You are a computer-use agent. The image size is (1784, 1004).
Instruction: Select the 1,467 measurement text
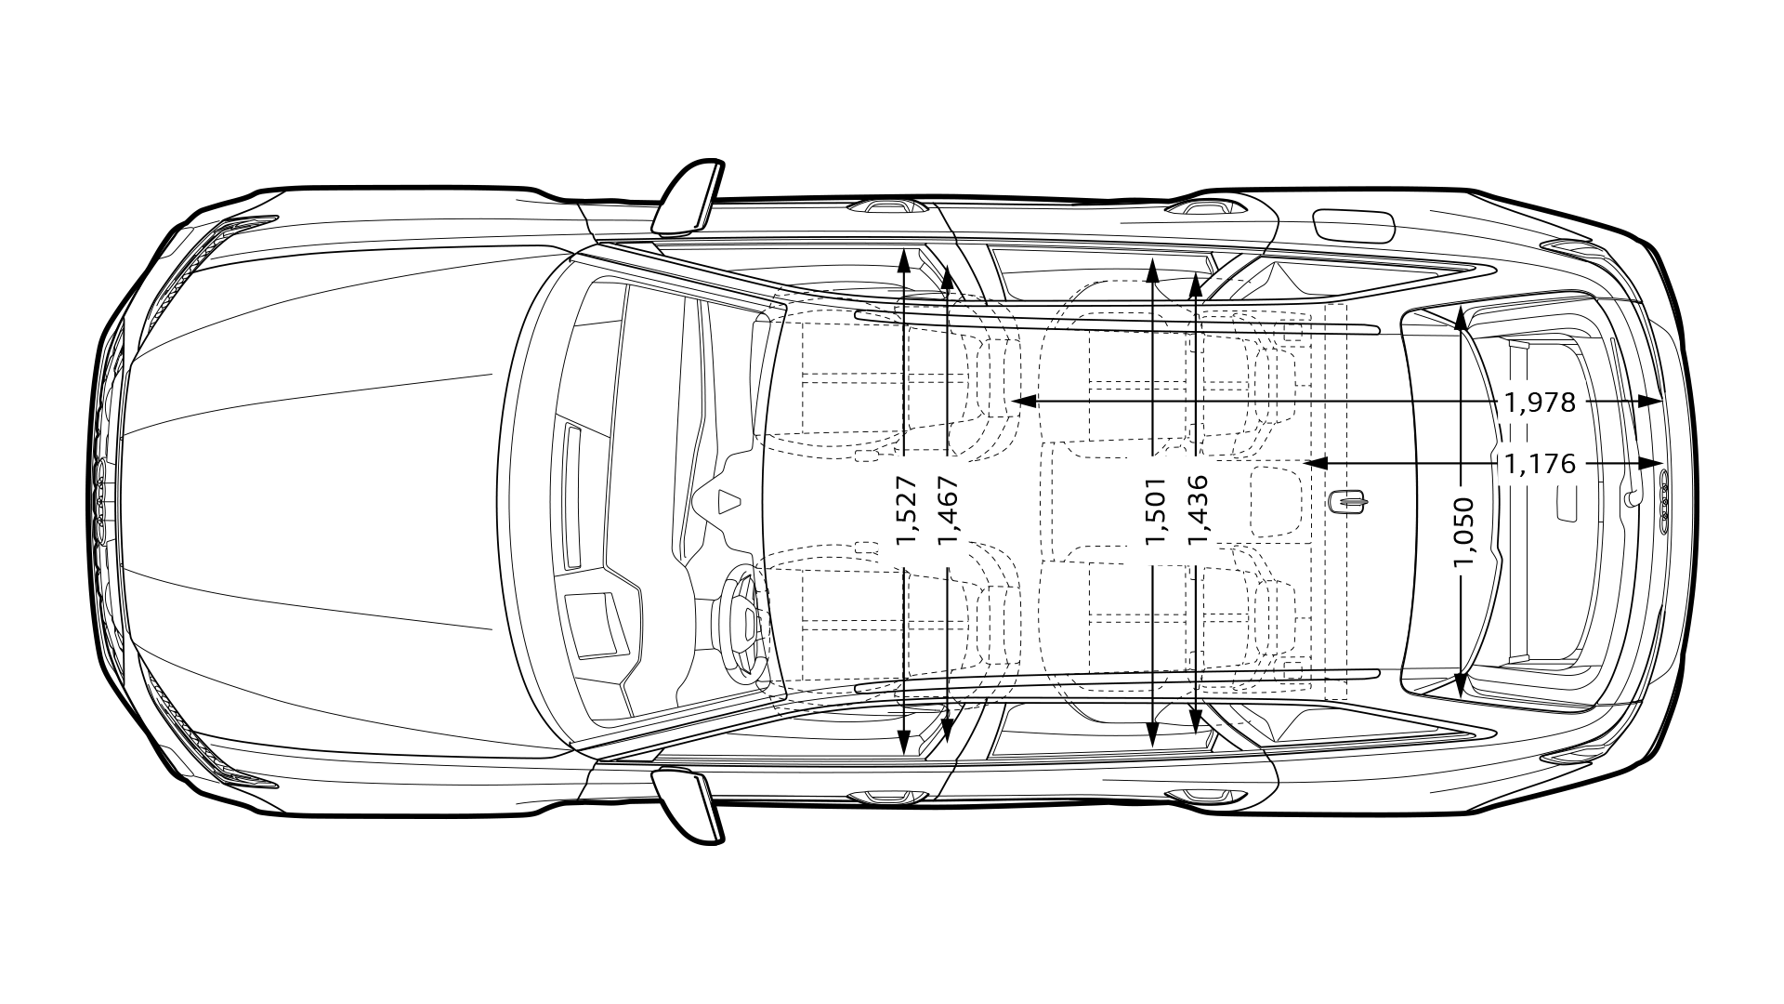pos(948,510)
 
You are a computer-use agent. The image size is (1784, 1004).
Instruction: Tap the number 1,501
pos(1154,510)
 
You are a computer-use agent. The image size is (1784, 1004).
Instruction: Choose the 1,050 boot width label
pos(1463,532)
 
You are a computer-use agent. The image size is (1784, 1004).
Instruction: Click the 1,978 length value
pos(1540,402)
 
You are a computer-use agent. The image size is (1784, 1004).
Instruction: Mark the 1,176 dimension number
pos(1540,463)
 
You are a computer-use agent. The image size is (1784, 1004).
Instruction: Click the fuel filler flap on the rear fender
pos(1354,227)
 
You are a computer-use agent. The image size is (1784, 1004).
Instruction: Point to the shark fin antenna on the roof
pos(1347,502)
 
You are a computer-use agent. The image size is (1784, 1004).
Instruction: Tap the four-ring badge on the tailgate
pos(1663,502)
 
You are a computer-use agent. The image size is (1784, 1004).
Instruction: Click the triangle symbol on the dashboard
pos(730,500)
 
